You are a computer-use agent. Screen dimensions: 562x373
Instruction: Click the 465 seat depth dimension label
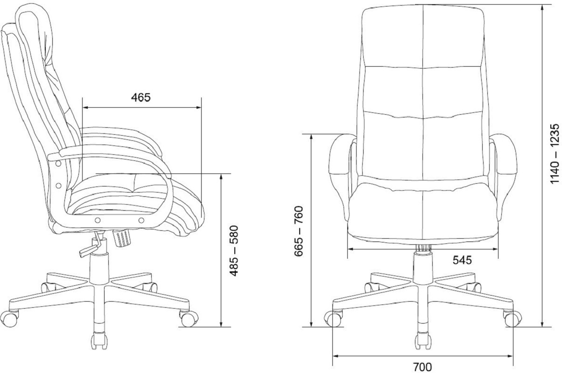click(x=141, y=97)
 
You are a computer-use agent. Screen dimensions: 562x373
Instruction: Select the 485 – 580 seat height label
click(x=234, y=250)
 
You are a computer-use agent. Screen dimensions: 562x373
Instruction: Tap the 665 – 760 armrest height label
click(x=299, y=231)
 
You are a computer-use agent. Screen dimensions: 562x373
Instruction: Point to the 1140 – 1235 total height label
click(x=555, y=154)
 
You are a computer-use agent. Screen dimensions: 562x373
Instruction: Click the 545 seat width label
click(x=462, y=260)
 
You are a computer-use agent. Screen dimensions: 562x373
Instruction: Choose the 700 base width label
click(x=422, y=367)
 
